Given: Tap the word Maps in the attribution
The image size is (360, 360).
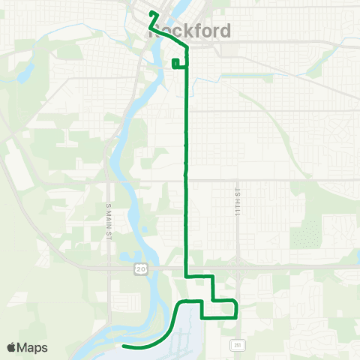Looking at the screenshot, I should click(33, 347).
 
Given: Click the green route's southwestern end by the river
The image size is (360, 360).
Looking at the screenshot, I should click(124, 346).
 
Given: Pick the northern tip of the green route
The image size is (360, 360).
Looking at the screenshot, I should click(152, 13).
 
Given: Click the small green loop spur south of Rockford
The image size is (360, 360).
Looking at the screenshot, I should click(175, 64).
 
